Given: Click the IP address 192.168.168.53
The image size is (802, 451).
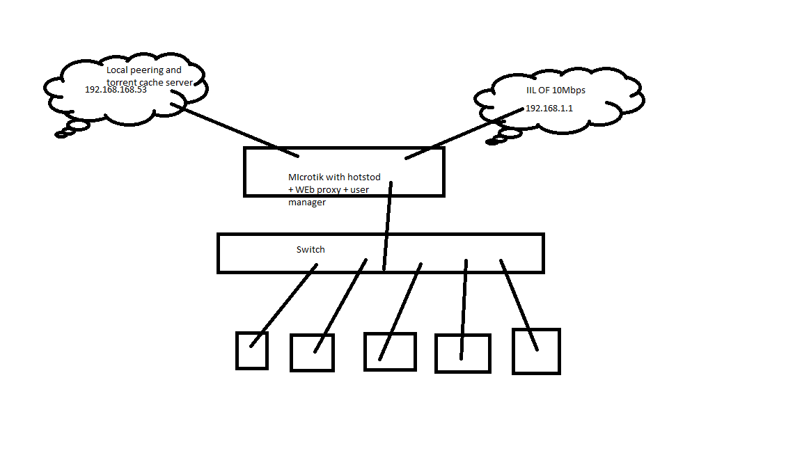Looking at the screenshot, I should (116, 90).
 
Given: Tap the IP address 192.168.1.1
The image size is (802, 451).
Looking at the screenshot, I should (549, 109).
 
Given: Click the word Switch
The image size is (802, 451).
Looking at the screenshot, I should (310, 250).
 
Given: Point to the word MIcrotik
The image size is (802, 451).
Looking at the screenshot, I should (306, 177).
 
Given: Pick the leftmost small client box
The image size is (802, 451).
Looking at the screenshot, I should (251, 350).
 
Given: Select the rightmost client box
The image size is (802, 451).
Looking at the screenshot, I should (536, 351).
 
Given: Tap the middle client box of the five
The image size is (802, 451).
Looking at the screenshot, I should (390, 351).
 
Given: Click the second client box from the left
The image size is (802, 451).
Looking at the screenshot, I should (312, 353).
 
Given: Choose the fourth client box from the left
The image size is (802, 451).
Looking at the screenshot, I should (463, 354).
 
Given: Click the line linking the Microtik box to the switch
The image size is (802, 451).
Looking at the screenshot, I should (387, 223).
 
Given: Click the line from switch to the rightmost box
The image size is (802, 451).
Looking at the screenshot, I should (519, 305).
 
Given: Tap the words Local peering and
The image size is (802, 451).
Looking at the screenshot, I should (143, 70).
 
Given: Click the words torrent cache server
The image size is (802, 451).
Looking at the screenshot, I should (149, 82).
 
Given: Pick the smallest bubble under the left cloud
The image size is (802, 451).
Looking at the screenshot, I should (61, 134).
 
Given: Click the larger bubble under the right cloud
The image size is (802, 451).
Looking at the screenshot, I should (510, 132).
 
